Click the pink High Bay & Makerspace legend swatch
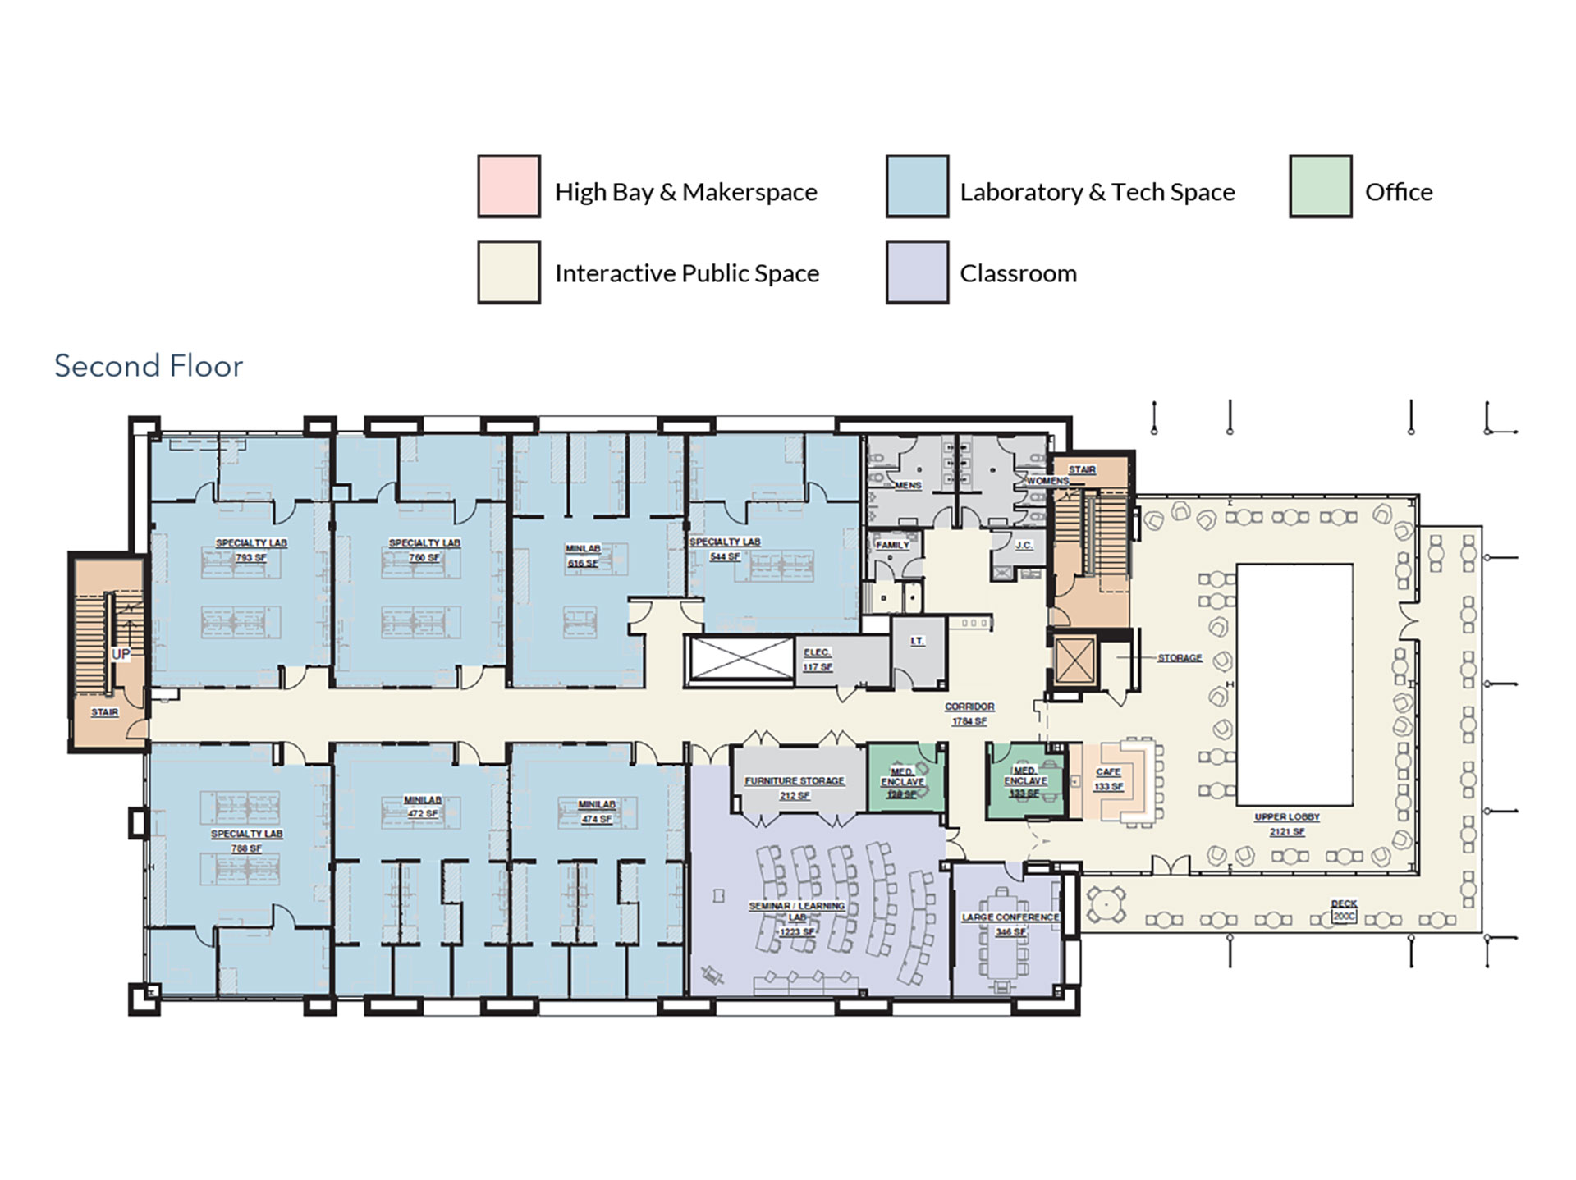509,186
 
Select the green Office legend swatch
1320,186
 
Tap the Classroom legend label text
1018,273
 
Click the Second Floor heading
149,366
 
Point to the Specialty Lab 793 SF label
251,550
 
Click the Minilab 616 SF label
583,556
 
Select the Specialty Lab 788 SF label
246,840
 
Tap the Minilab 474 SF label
597,812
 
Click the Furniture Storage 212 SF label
795,788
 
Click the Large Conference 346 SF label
1010,924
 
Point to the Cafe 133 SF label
1108,779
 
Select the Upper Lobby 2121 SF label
1286,824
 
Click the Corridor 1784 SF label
969,713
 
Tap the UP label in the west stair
121,654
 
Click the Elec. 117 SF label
817,659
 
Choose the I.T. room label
918,641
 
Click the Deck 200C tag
1344,910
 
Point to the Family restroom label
892,545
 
